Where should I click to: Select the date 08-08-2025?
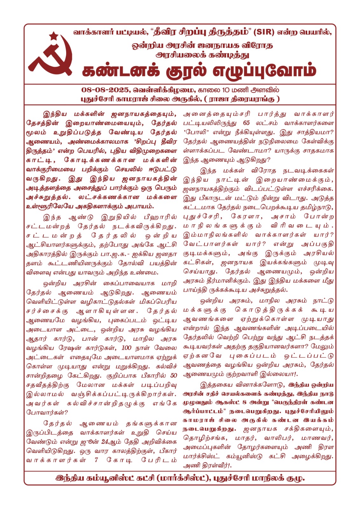pos(105,90)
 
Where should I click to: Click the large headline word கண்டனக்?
pos(121,71)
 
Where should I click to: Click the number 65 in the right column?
pos(246,123)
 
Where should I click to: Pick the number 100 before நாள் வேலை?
pos(126,348)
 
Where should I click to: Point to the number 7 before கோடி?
pos(96,460)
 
